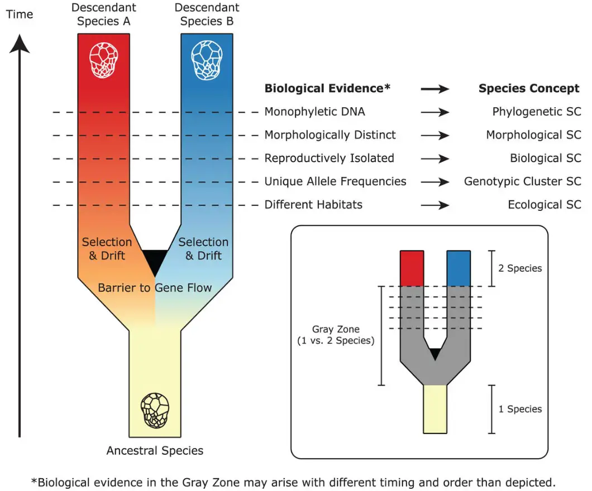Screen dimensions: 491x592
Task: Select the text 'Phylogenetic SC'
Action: pos(536,112)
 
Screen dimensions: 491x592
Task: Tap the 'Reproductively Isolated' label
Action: pos(329,158)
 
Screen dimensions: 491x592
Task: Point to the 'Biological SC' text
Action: pos(545,158)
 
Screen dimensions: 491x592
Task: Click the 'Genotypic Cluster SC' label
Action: pos(522,182)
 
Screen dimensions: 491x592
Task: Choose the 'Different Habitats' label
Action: pos(313,205)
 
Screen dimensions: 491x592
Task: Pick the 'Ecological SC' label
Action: pos(544,205)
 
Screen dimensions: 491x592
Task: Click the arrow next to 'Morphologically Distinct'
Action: pos(435,135)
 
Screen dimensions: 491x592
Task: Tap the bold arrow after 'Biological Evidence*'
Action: pos(435,88)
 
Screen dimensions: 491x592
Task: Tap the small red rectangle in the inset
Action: pos(412,268)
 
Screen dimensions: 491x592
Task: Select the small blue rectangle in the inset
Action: pos(459,268)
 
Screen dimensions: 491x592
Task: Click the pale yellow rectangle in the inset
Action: pos(435,409)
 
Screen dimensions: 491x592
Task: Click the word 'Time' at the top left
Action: pos(20,15)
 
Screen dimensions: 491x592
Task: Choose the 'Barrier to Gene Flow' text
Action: pos(155,288)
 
